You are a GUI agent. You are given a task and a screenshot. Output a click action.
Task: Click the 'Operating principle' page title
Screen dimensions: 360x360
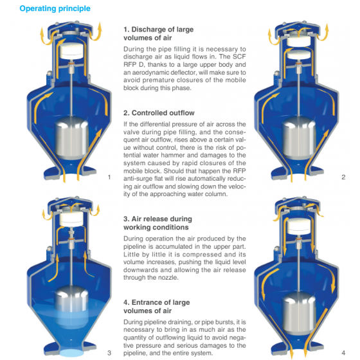click(55, 8)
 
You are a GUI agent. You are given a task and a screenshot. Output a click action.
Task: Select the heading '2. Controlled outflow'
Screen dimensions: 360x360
click(159, 113)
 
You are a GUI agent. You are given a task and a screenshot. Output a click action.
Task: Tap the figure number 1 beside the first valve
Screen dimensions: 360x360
click(109, 177)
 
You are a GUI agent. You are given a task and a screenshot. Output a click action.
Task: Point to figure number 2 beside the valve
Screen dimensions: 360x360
click(343, 177)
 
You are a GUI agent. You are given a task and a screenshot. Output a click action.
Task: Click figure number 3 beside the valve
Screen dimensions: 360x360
click(109, 353)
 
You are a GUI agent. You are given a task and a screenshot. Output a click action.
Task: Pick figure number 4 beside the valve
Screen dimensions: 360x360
click(343, 353)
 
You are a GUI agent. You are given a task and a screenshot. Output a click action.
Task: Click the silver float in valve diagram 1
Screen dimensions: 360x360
click(72, 139)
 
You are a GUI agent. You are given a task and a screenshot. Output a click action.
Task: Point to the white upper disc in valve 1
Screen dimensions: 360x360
click(71, 51)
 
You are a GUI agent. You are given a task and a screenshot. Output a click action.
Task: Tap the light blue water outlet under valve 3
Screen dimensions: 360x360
click(71, 353)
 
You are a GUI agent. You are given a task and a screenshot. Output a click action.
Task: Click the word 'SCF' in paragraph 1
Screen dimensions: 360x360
click(239, 57)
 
